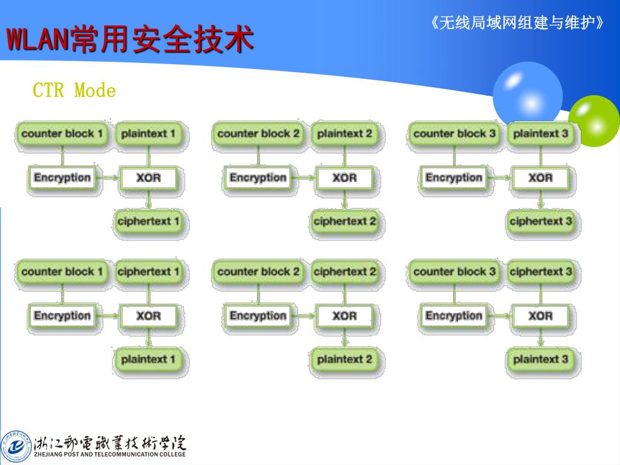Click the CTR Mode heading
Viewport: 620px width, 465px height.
pyautogui.click(x=74, y=91)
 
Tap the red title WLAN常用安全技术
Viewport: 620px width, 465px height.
pyautogui.click(x=130, y=41)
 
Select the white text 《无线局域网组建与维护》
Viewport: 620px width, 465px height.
pyautogui.click(x=517, y=23)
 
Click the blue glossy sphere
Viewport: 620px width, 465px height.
pyautogui.click(x=527, y=95)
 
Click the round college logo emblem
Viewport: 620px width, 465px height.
pyautogui.click(x=16, y=447)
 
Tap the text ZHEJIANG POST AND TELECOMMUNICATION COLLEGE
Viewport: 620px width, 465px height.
pyautogui.click(x=110, y=454)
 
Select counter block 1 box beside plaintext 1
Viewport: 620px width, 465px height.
pyautogui.click(x=62, y=134)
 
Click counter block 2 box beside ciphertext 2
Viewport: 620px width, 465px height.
pyautogui.click(x=258, y=272)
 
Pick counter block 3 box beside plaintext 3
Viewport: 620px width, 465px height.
pyautogui.click(x=454, y=134)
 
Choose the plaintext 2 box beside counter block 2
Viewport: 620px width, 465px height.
pyautogui.click(x=345, y=134)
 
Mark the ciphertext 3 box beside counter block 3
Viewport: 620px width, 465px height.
pyautogui.click(x=541, y=272)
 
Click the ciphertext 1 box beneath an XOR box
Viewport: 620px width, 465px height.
pyautogui.click(x=148, y=222)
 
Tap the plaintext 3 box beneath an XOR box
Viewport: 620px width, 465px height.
pyautogui.click(x=541, y=360)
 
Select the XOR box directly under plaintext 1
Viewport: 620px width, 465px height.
pyautogui.click(x=148, y=178)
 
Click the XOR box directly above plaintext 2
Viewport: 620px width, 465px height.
pyautogui.click(x=345, y=316)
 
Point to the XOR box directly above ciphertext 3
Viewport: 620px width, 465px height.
pyautogui.click(x=541, y=178)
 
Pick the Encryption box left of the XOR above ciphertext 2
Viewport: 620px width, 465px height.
pyautogui.click(x=258, y=178)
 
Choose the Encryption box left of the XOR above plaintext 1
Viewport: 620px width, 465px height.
pyautogui.click(x=62, y=316)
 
